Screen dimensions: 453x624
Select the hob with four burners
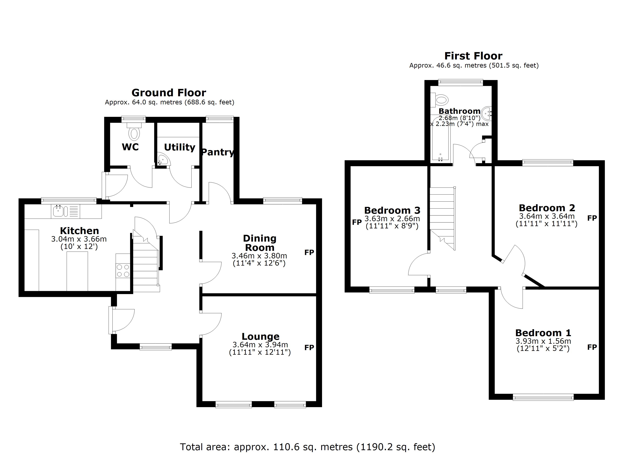click(x=123, y=271)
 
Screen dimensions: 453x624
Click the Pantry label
click(x=218, y=152)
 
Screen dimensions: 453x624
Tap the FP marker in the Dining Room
click(x=309, y=252)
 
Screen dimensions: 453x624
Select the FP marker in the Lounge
click(x=309, y=347)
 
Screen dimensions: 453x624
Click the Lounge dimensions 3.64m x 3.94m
click(x=260, y=344)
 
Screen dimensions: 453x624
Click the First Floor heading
click(x=473, y=56)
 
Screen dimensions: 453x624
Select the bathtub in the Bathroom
click(x=440, y=140)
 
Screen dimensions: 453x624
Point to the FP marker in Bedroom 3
click(x=357, y=222)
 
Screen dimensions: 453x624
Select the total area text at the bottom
click(x=307, y=447)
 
